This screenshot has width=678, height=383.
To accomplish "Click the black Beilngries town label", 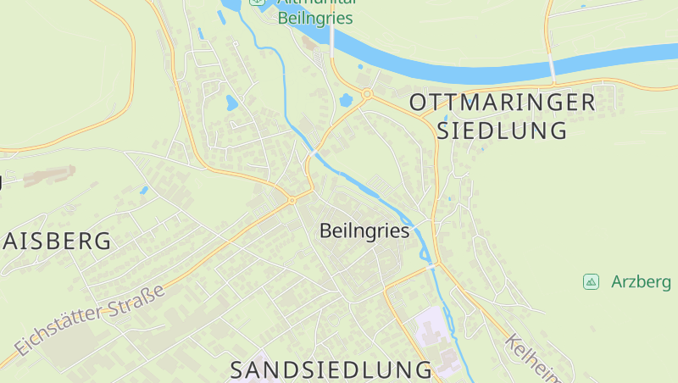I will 365,230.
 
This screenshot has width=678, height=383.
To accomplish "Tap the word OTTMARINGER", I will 503,103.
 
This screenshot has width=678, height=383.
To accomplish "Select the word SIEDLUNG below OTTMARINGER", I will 501,130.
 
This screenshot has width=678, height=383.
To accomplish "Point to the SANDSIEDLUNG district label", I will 331,369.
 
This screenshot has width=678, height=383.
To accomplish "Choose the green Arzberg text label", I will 641,281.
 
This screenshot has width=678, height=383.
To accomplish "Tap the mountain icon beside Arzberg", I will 592,281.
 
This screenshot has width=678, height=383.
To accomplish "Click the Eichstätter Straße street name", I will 89,321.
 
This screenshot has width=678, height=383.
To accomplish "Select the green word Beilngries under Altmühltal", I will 315,19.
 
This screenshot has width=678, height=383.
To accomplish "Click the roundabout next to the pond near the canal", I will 367,93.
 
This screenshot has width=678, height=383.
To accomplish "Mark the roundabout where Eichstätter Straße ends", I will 292,200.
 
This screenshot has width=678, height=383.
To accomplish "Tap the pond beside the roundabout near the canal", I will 347,100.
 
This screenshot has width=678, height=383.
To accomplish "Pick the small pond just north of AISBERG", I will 144,190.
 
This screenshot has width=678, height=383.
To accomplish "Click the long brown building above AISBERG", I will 49,175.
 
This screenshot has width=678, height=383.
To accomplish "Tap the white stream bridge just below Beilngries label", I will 433,266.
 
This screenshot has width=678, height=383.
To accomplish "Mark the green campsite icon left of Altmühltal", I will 257,2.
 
